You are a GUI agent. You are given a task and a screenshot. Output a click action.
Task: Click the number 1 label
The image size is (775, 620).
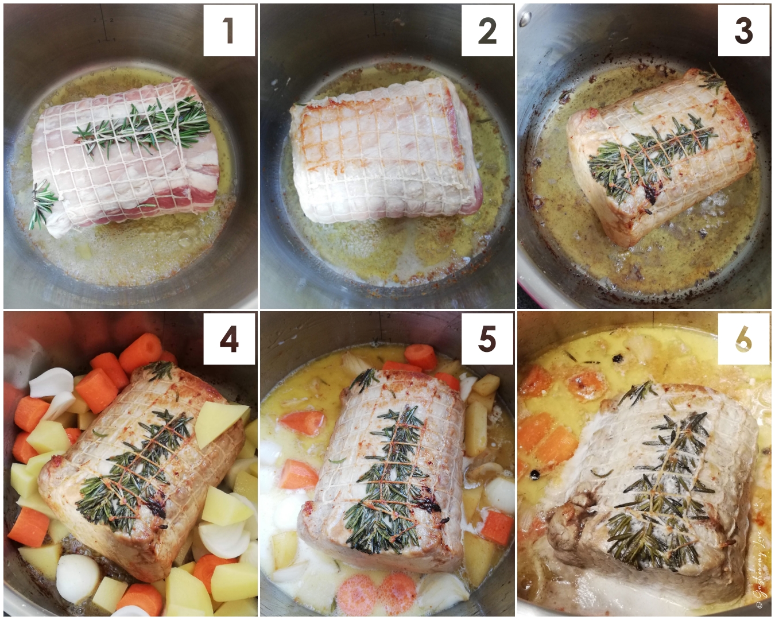coord(228,30)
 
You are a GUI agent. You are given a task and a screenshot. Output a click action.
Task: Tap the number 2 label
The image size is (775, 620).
coord(487,30)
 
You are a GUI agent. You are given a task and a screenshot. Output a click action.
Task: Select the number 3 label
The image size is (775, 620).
coord(743,30)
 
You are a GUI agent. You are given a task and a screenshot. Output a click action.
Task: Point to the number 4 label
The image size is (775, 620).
coord(228,339)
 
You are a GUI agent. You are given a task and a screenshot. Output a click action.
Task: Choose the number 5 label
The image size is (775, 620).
coord(487,339)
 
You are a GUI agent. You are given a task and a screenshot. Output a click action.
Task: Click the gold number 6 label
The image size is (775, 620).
coord(743,340)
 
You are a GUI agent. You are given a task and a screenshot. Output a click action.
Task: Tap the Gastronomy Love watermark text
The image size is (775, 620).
coord(761,580)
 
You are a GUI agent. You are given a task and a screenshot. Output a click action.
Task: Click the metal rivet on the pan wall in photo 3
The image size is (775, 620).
coord(525,20)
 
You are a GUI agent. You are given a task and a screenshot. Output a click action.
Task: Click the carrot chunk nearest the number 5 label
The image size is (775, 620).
coord(420,356)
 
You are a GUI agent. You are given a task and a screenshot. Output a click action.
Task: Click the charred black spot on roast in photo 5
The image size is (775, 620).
coord(428,504)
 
